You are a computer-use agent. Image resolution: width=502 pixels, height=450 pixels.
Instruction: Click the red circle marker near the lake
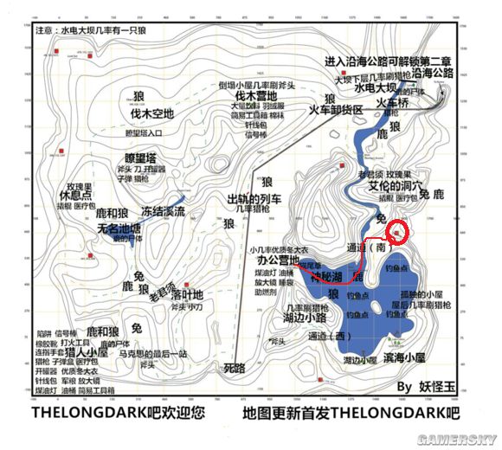(398, 231)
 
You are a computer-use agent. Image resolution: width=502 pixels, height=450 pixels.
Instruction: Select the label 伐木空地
(151, 112)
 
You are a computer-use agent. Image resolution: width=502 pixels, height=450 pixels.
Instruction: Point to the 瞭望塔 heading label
(139, 158)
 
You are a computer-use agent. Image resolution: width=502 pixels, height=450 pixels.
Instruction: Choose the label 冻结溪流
(164, 211)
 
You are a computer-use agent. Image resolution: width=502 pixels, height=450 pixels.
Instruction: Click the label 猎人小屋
(108, 353)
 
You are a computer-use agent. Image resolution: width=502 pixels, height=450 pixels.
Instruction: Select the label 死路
(235, 368)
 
